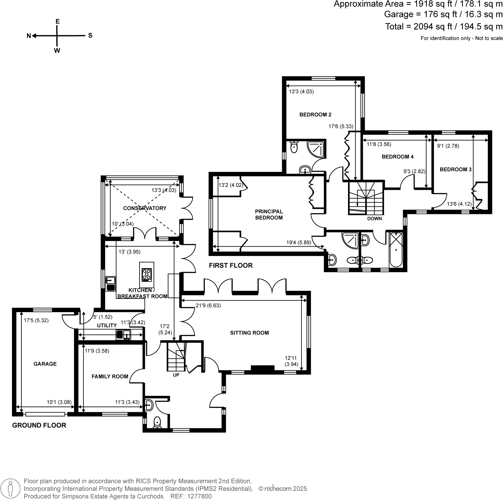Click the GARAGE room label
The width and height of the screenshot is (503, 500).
click(x=45, y=364)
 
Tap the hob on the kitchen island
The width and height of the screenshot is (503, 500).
click(x=147, y=275)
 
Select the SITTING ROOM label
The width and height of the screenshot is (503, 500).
click(x=249, y=333)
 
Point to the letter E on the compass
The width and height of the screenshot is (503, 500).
click(x=57, y=21)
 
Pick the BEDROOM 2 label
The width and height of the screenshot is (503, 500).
click(x=315, y=115)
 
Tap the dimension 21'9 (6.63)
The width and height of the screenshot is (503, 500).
click(x=208, y=305)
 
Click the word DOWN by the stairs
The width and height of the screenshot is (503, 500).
click(x=374, y=218)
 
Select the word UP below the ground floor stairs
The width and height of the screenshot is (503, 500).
click(x=176, y=375)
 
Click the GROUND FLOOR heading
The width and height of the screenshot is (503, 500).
click(x=39, y=425)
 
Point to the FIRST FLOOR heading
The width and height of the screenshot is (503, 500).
click(x=231, y=265)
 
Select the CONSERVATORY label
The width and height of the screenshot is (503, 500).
click(x=145, y=208)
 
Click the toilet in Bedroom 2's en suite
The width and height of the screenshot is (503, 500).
click(x=294, y=147)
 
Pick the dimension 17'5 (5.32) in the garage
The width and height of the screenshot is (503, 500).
click(x=36, y=320)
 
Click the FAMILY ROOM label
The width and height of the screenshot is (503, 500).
click(x=110, y=376)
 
